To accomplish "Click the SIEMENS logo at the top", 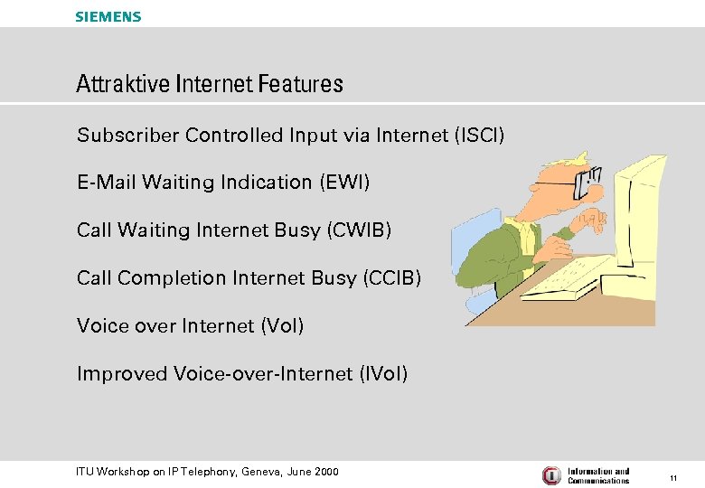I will [108, 16].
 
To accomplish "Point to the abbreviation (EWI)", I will [343, 183].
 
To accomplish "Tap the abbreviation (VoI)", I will [281, 326].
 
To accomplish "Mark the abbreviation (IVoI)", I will [383, 374].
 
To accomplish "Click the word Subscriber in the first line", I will [127, 136].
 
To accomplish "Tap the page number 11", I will [673, 476].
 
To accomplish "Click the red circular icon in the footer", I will [551, 475].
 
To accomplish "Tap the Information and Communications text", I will [598, 475].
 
